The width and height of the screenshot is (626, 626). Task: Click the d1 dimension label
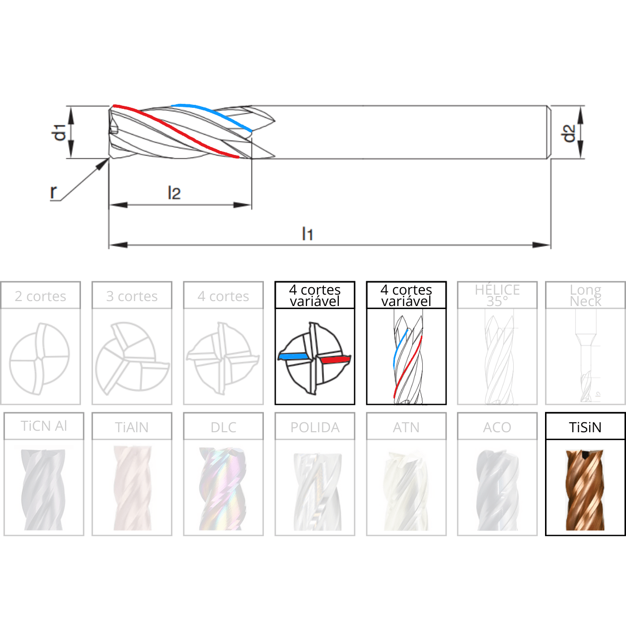[60, 132]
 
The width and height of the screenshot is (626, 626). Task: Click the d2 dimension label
[569, 134]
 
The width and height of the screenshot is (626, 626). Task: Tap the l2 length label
[174, 193]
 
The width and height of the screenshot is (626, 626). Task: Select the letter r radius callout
[54, 192]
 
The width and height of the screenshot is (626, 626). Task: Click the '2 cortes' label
[40, 296]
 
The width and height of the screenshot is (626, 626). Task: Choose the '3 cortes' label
[132, 296]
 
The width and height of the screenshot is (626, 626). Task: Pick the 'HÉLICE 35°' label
[497, 295]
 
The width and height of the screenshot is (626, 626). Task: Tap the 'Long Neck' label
[586, 295]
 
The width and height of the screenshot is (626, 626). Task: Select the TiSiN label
[585, 427]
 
